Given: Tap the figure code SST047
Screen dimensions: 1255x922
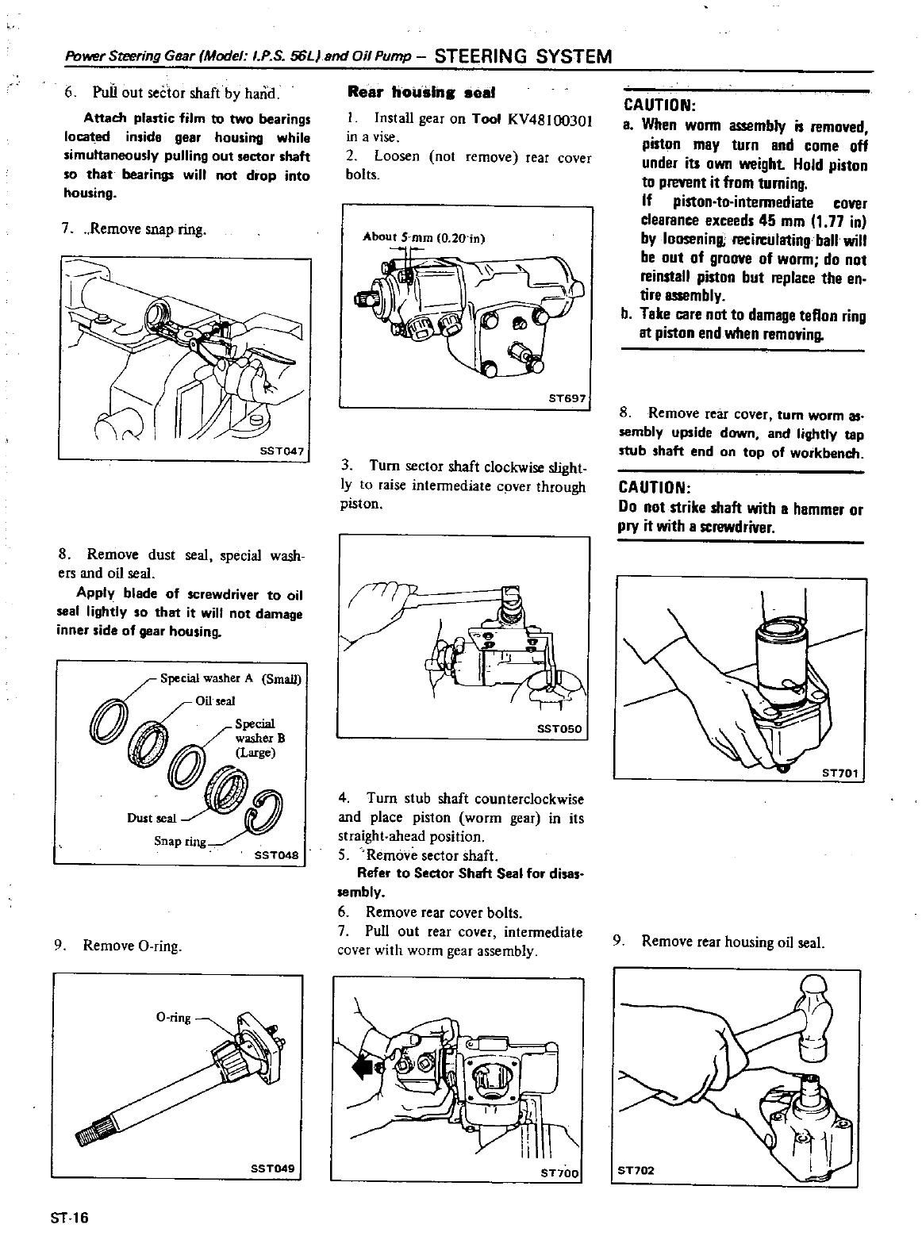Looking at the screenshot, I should tap(283, 451).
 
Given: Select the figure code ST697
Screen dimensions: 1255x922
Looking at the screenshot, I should tap(569, 400).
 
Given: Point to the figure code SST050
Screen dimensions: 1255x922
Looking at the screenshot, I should tap(559, 729).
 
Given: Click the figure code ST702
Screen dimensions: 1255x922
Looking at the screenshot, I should tap(639, 1170).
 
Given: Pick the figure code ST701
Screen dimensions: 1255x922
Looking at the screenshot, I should tap(839, 771).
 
